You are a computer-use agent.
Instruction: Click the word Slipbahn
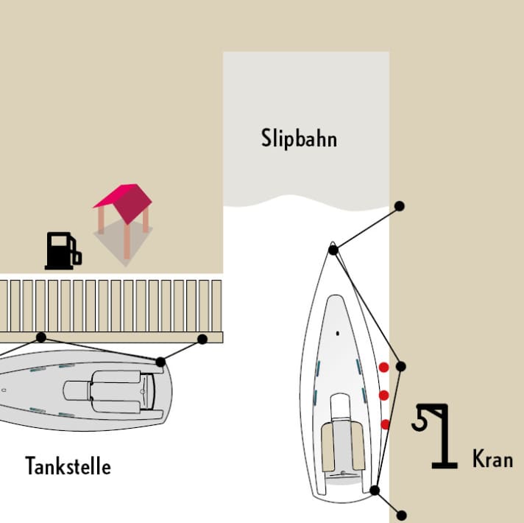(299, 138)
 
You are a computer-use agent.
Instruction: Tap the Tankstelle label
(68, 466)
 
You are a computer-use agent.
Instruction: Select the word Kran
(492, 459)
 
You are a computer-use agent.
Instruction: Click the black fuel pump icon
(63, 250)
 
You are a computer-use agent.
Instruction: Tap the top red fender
(383, 367)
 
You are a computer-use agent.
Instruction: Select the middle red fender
(384, 396)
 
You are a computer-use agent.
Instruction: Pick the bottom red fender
(385, 424)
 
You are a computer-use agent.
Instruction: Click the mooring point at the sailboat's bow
(333, 250)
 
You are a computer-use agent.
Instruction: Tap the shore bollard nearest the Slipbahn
(400, 206)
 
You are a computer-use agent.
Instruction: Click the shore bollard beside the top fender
(400, 367)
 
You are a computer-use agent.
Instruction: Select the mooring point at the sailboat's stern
(375, 491)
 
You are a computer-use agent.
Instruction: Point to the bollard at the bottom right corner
(401, 516)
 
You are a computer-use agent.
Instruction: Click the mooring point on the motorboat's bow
(160, 362)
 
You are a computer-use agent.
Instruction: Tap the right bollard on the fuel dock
(202, 339)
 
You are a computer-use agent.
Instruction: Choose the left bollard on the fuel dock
(40, 337)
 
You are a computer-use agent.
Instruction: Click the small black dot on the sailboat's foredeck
(338, 334)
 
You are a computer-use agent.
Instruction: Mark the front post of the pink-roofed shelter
(127, 242)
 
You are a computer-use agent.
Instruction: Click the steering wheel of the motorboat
(143, 392)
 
